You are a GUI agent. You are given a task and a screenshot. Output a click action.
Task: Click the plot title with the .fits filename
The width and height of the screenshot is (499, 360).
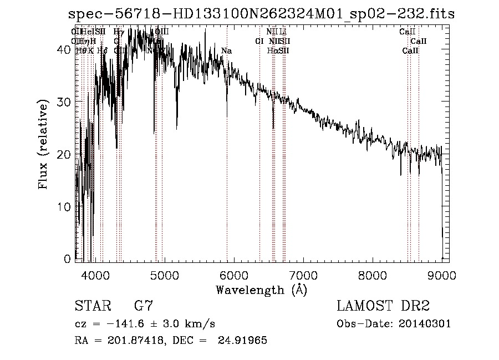click(261, 14)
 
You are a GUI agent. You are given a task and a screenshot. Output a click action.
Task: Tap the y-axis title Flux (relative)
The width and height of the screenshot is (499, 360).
click(43, 144)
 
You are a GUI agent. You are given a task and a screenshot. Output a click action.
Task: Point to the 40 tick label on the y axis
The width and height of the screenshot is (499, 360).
click(65, 49)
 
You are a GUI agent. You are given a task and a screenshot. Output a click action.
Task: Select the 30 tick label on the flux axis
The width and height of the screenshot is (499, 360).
click(65, 102)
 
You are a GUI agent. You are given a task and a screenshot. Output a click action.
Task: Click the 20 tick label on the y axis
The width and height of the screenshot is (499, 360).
click(65, 154)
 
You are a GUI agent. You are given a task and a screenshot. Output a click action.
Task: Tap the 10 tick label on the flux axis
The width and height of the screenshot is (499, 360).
click(65, 206)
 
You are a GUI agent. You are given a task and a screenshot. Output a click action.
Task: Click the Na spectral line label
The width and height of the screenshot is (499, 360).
click(226, 51)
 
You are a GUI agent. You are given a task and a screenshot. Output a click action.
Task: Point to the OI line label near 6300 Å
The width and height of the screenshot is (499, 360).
click(259, 41)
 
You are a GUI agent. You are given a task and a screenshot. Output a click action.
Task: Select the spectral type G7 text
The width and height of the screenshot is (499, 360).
click(142, 306)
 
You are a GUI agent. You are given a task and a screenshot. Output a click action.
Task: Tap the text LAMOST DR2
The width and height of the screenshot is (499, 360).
click(383, 306)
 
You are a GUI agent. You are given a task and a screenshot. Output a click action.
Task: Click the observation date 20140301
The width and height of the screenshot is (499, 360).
click(426, 324)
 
